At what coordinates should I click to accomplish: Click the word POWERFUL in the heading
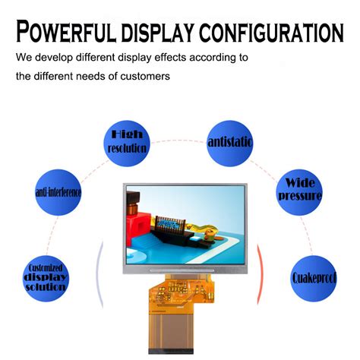point(67,31)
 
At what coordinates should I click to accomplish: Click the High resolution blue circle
point(127,141)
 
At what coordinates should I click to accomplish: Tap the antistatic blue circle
point(230,142)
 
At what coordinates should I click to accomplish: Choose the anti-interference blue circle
point(58,192)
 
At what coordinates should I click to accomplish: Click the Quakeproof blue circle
point(314,278)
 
